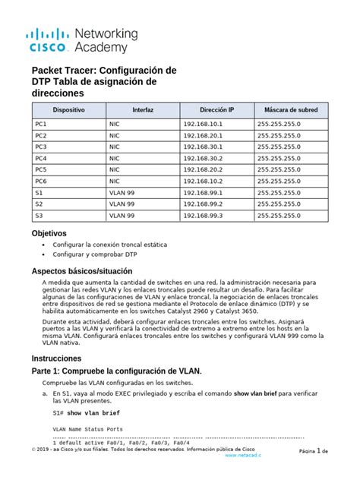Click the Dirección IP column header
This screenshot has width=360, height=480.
[217, 110]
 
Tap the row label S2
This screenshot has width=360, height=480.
[39, 204]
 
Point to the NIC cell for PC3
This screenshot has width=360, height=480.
[115, 147]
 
